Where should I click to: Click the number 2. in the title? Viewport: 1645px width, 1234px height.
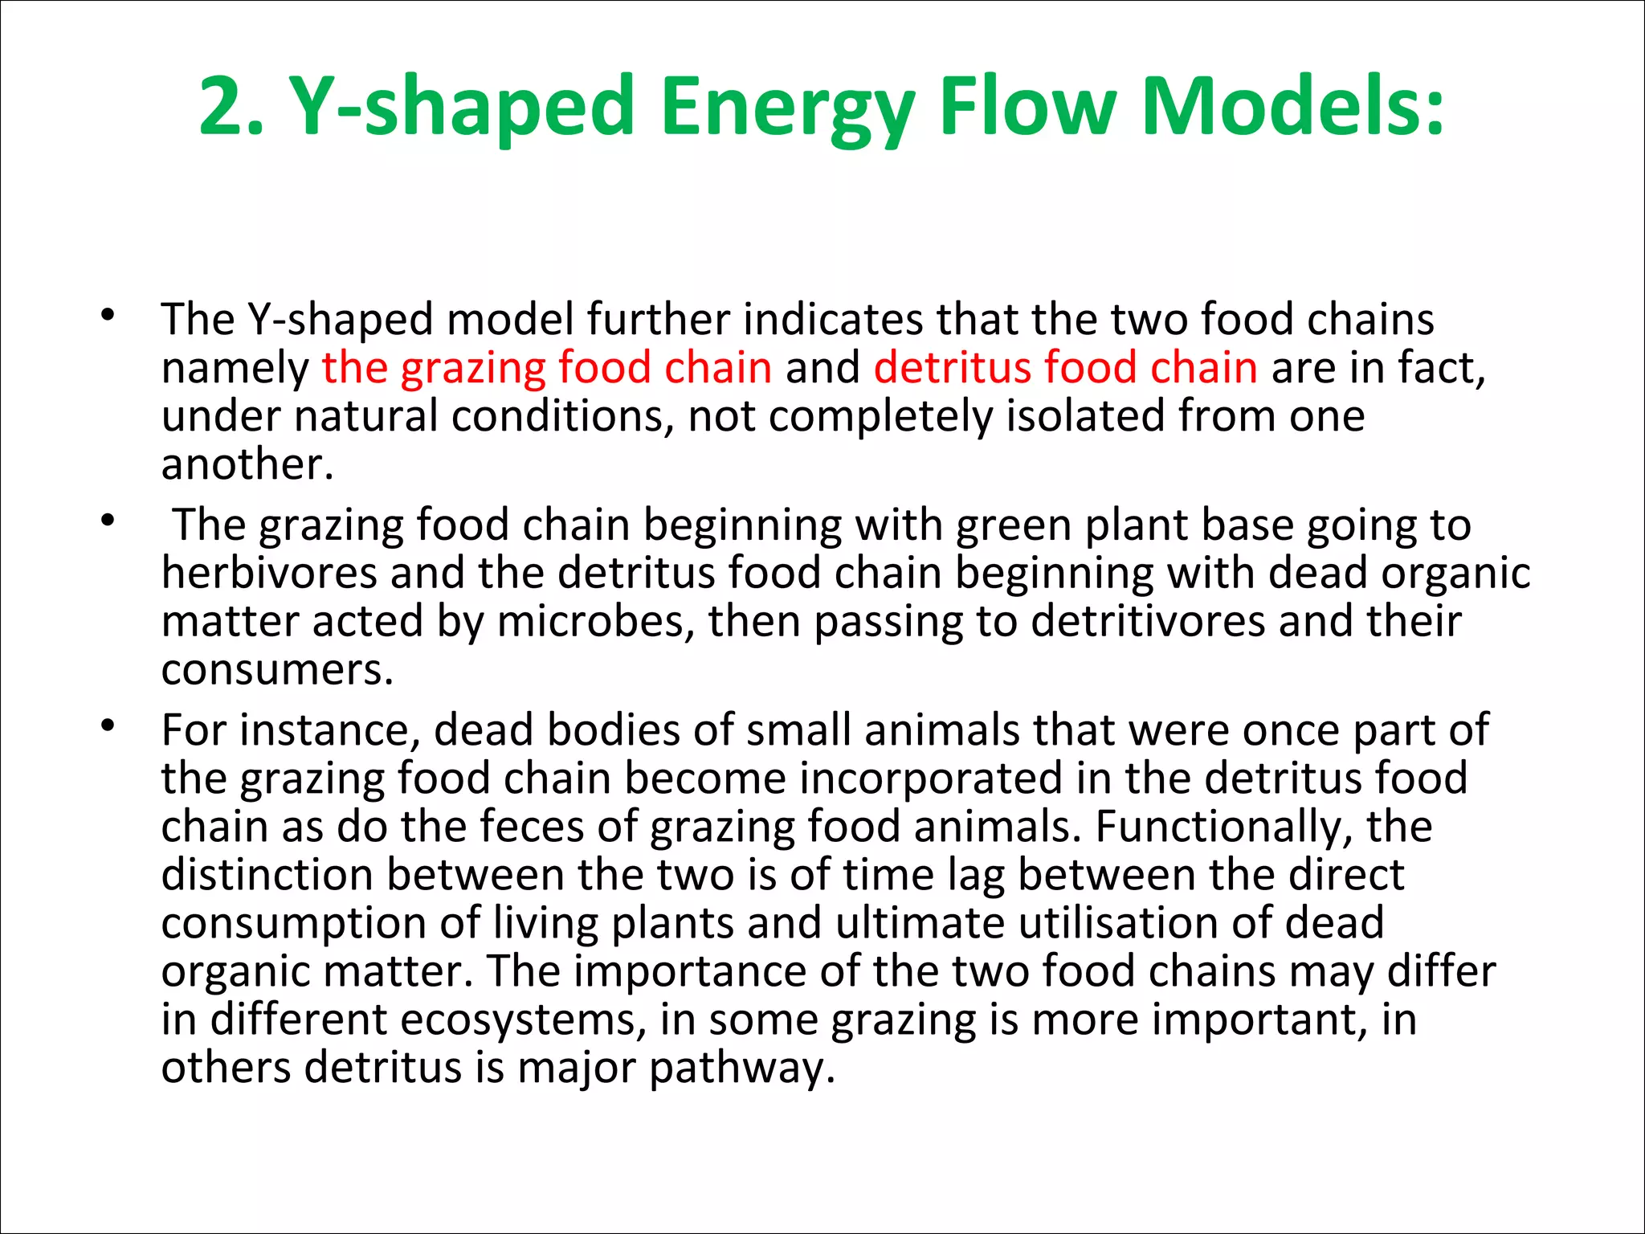point(231,107)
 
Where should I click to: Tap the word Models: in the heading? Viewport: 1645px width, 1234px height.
point(1292,107)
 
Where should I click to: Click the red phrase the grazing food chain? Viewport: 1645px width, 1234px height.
point(547,368)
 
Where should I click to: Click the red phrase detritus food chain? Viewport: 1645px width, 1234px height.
point(1065,368)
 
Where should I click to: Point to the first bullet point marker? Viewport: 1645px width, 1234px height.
point(108,315)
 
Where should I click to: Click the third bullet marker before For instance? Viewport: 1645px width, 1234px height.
point(108,726)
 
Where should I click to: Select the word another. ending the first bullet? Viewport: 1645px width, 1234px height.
point(247,464)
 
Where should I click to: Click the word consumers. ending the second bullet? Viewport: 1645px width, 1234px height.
point(277,670)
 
